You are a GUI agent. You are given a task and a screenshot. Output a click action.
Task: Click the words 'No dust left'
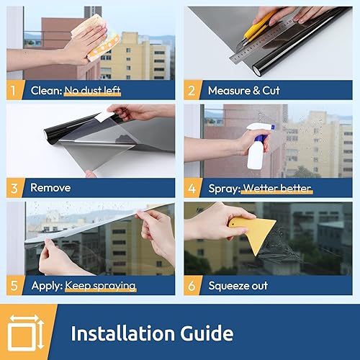[91, 91]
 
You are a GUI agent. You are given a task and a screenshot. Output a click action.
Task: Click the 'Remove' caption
[50, 187]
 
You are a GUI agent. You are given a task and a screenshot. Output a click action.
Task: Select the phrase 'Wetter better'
[276, 188]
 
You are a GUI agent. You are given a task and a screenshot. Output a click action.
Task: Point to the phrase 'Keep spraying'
[100, 286]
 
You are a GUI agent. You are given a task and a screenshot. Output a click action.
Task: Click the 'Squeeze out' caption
[238, 286]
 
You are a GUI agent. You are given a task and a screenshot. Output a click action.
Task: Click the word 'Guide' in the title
[206, 333]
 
